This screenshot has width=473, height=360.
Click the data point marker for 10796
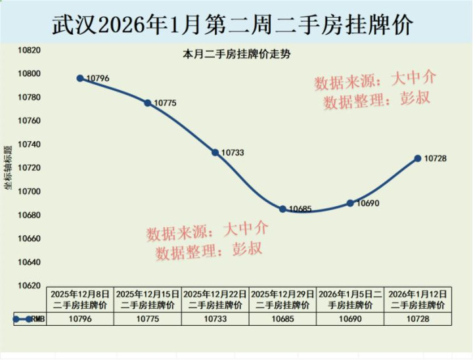[x=80, y=78]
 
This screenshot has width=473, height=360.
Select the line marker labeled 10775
[x=148, y=103]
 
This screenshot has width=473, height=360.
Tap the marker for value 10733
[x=215, y=152]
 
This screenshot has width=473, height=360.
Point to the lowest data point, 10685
[x=282, y=209]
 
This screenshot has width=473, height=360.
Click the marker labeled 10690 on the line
[x=350, y=203]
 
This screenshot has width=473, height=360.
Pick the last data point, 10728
[x=417, y=158]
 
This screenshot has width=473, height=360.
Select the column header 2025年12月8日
[x=80, y=300]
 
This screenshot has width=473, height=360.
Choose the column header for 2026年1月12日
[x=417, y=300]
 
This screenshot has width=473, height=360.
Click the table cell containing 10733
[x=215, y=319]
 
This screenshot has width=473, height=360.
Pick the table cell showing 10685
[x=282, y=319]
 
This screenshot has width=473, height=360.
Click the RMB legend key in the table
[x=26, y=319]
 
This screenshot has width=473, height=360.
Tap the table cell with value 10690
[x=350, y=319]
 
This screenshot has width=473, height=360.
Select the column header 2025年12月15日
[x=148, y=300]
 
